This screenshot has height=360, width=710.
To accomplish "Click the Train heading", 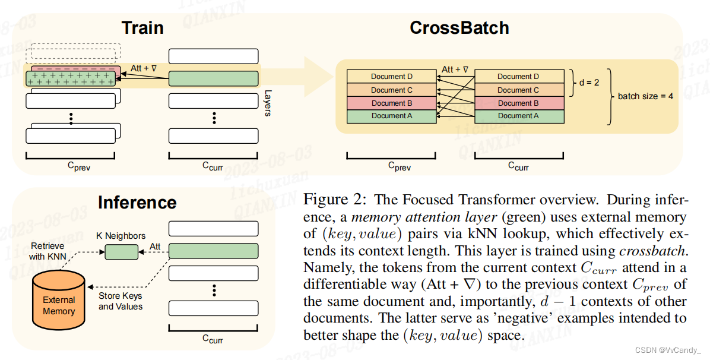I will coord(142,28).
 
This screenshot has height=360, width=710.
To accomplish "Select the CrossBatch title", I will coord(459,28).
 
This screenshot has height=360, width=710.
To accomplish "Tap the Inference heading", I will coord(137,203).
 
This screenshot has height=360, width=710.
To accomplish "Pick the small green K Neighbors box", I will coord(121,252).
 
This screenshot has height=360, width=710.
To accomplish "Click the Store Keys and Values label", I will coord(121,301).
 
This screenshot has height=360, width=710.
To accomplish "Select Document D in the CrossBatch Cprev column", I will coord(391,77).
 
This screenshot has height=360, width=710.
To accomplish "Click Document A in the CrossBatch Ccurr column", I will coord(518,116).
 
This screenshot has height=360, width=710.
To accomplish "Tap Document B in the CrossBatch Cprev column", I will coord(391,103).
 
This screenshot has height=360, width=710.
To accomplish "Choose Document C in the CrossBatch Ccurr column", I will coord(518,90).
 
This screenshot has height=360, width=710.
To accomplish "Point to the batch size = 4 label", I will coord(645,96).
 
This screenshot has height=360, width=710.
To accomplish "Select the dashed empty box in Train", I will coord(73,52).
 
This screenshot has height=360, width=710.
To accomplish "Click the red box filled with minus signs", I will coord(73,70).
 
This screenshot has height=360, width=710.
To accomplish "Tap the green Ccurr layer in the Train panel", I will coord(213,78).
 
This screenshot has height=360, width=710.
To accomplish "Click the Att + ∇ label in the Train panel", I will coord(144,69).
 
